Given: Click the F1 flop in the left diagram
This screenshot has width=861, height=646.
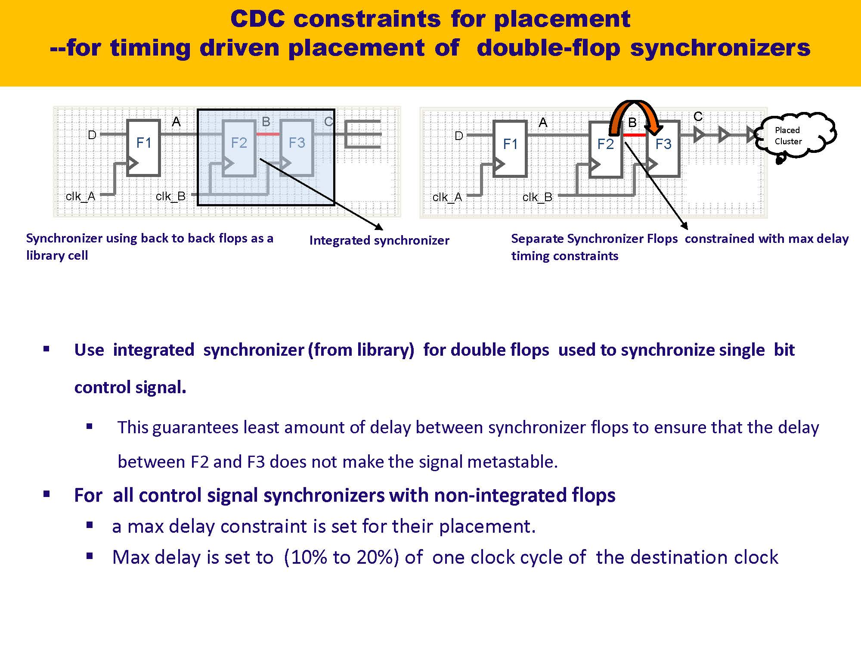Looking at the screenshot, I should point(144,148).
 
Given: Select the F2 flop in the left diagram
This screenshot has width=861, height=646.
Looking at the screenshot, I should point(239,148).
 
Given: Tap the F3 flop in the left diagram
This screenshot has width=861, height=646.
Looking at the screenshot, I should point(297,148).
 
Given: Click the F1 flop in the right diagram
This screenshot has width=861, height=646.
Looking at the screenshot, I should point(510,149).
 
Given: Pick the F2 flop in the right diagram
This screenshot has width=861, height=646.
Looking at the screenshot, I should point(605,149).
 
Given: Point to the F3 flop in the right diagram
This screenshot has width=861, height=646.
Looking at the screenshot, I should point(663,149).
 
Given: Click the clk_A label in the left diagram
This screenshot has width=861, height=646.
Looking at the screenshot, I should point(80,196).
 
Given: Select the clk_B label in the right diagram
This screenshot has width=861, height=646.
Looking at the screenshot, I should point(537,197).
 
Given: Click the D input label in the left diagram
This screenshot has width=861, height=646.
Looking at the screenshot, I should point(92,135).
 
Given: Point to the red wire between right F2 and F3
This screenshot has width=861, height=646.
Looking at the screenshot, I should point(635,135).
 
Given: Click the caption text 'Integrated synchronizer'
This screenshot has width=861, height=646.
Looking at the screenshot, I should point(379,240).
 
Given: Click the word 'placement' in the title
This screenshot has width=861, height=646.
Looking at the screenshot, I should point(562,19).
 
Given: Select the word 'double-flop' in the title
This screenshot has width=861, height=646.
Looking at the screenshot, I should point(548,48).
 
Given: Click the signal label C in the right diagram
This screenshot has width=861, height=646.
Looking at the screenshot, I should point(698,116).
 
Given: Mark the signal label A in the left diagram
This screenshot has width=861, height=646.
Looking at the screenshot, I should point(176,122).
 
